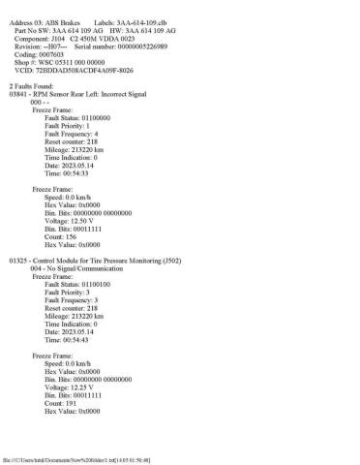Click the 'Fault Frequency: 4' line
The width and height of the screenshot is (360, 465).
pos(86,134)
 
